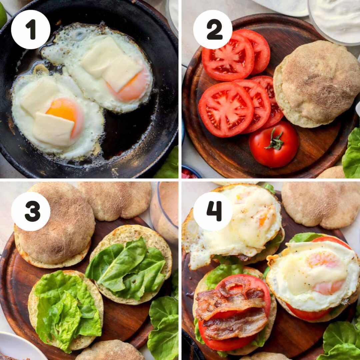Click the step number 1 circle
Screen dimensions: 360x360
click(x=31, y=30)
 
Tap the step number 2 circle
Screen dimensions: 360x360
click(x=213, y=30)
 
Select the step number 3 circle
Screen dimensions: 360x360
click(x=31, y=211)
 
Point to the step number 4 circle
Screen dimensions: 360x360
click(x=213, y=211)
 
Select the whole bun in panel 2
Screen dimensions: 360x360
click(x=317, y=83)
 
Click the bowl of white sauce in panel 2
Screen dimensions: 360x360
click(x=335, y=20)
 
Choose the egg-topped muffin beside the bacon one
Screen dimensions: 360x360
click(x=313, y=277)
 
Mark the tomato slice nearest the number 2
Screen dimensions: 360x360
click(x=228, y=57)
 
